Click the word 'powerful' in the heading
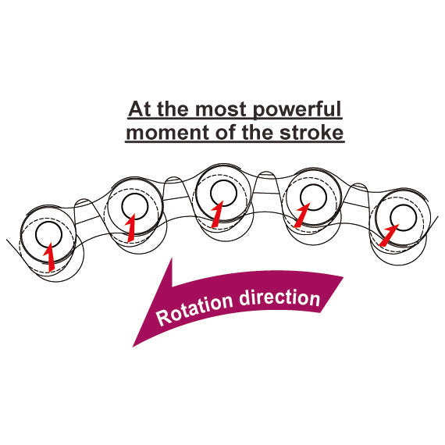tap(297, 110)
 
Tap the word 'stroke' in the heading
tap(311, 133)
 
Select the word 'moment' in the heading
tap(168, 133)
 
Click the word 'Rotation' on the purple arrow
tap(194, 310)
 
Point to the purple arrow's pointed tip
tap(133, 347)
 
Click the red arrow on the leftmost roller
tap(49, 257)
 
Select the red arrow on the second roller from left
tap(130, 228)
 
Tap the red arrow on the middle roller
tap(217, 214)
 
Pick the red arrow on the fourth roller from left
tap(302, 215)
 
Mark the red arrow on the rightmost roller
tap(389, 235)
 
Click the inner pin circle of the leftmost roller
tap(36, 235)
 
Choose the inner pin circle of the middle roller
tap(211, 194)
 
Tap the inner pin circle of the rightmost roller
tap(390, 218)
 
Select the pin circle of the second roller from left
tap(122, 207)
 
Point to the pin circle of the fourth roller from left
tap(301, 197)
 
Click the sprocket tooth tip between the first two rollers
tap(83, 200)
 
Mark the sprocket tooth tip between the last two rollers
tap(358, 184)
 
